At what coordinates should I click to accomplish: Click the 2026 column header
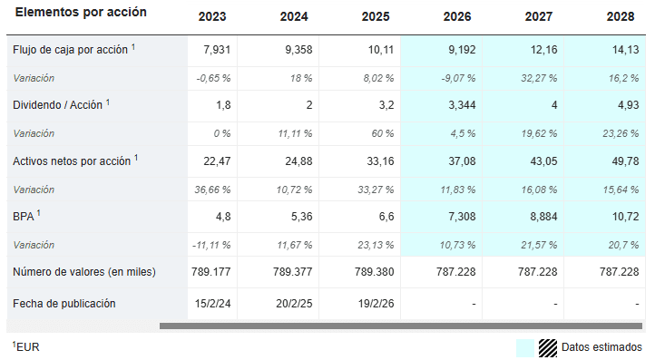click(457, 16)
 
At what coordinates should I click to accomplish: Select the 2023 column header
click(212, 16)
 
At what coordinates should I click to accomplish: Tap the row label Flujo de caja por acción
click(70, 50)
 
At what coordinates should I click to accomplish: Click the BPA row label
click(24, 217)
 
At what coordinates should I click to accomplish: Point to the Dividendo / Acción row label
click(58, 105)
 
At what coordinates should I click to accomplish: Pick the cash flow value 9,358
click(298, 50)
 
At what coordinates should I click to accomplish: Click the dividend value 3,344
click(462, 105)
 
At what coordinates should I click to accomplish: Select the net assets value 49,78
click(625, 161)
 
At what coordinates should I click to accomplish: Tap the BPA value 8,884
click(543, 217)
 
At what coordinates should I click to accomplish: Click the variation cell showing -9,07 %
click(458, 78)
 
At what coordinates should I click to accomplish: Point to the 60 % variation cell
click(383, 133)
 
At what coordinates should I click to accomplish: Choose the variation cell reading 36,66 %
click(212, 190)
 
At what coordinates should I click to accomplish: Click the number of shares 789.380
click(375, 272)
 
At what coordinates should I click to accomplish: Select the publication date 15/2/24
click(212, 304)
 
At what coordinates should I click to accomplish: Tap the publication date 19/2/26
click(376, 304)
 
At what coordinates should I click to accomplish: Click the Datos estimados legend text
click(601, 347)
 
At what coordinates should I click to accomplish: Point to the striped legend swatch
click(548, 348)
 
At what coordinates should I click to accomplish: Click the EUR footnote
click(26, 346)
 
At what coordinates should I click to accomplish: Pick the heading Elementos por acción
click(81, 12)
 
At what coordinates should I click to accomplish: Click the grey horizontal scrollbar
click(401, 326)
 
